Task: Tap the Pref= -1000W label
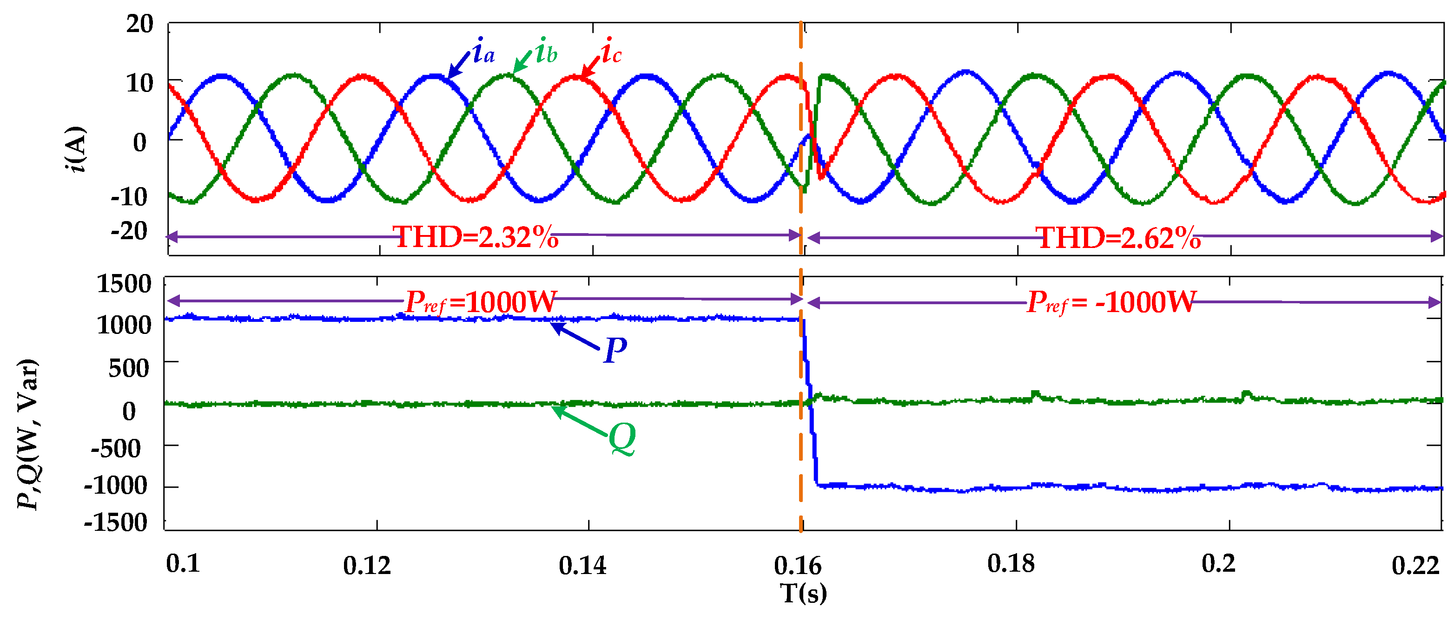point(1111,302)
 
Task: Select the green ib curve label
point(546,52)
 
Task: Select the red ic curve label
point(611,52)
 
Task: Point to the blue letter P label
point(615,351)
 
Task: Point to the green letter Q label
point(622,438)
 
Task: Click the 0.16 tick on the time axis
point(798,565)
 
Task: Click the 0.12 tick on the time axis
point(367,565)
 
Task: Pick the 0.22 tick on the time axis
point(1415,565)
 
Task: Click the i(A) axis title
point(76,149)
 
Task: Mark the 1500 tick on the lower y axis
point(124,284)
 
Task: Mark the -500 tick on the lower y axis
point(116,449)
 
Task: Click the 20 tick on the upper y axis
point(139,24)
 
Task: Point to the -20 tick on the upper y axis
point(129,231)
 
